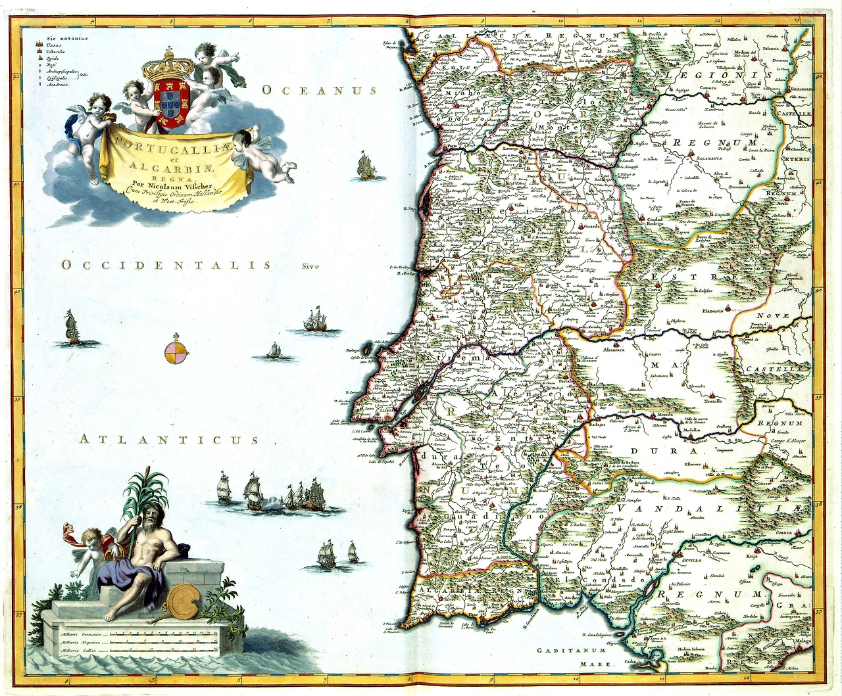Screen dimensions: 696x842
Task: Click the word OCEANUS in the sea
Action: click(319, 91)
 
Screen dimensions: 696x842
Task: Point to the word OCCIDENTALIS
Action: click(165, 265)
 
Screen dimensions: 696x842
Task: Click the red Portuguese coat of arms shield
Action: click(170, 104)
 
